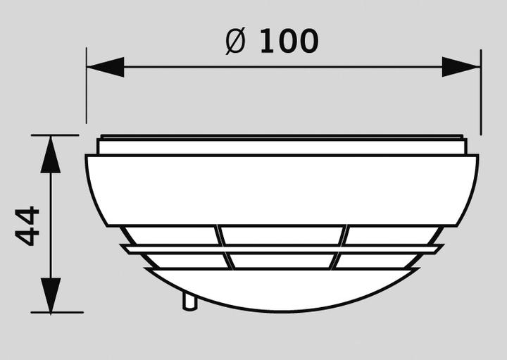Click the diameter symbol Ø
click(234, 42)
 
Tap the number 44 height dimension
click(27, 225)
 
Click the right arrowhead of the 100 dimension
click(462, 68)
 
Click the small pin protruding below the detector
click(189, 302)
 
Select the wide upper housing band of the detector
click(282, 189)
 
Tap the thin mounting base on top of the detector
click(282, 146)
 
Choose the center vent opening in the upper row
click(282, 235)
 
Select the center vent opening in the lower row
click(282, 261)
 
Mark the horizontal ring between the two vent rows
click(282, 249)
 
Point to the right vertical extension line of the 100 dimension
click(481, 92)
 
